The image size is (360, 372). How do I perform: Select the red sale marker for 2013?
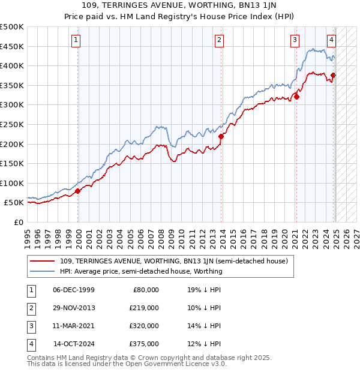coord(221,136)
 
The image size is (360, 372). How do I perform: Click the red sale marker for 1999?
coord(78,191)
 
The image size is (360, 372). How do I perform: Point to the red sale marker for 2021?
coord(296,97)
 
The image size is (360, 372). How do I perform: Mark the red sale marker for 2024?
coord(333,75)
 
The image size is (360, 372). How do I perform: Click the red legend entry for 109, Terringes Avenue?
coord(174,261)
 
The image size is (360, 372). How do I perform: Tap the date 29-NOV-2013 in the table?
coord(74,307)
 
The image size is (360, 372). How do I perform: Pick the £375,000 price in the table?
coord(144,344)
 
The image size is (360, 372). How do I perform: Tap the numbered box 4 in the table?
coord(30,344)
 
